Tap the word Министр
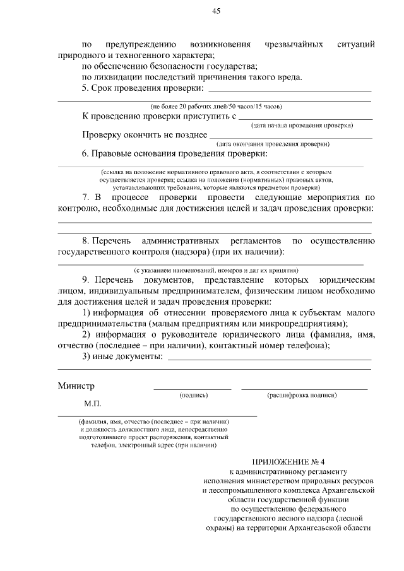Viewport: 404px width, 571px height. tap(75, 386)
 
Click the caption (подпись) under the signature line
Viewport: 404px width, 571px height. tap(193, 395)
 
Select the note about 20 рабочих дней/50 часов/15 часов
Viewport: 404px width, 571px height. tap(216, 106)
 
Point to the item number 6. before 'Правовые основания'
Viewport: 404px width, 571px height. tap(86, 154)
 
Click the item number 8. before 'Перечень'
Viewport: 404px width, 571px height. tap(86, 241)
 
